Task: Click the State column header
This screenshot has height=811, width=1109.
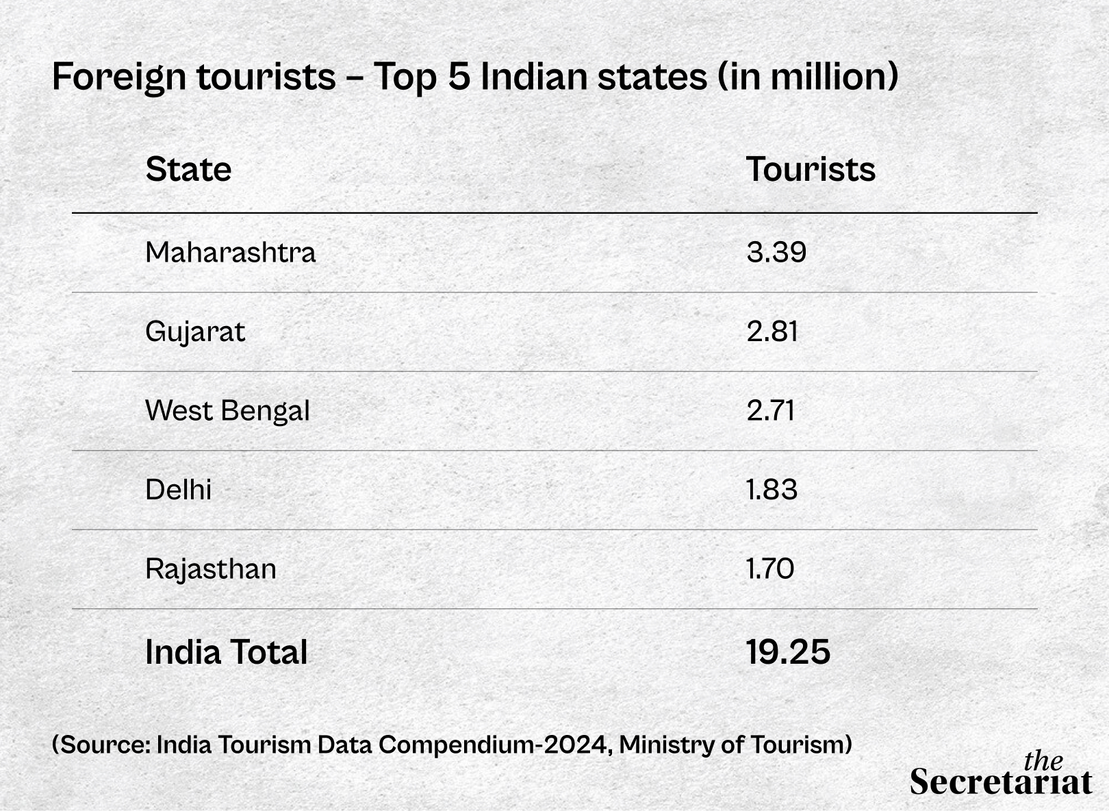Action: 188,169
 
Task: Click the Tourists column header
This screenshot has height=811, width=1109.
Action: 811,169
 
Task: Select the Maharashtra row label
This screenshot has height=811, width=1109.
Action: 230,253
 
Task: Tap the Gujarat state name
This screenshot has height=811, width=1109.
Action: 195,332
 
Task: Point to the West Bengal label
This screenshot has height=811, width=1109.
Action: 227,411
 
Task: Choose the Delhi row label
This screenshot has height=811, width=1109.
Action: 178,490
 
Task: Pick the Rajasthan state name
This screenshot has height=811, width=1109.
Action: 211,569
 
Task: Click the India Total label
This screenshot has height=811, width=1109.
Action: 226,652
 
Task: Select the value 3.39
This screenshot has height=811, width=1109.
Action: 776,253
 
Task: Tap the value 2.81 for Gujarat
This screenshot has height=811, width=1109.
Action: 772,332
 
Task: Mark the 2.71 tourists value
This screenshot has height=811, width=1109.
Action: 771,411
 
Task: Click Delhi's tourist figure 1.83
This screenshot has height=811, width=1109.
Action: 772,490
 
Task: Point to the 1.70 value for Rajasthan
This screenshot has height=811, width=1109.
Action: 770,569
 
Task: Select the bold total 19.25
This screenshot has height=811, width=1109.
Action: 788,652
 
